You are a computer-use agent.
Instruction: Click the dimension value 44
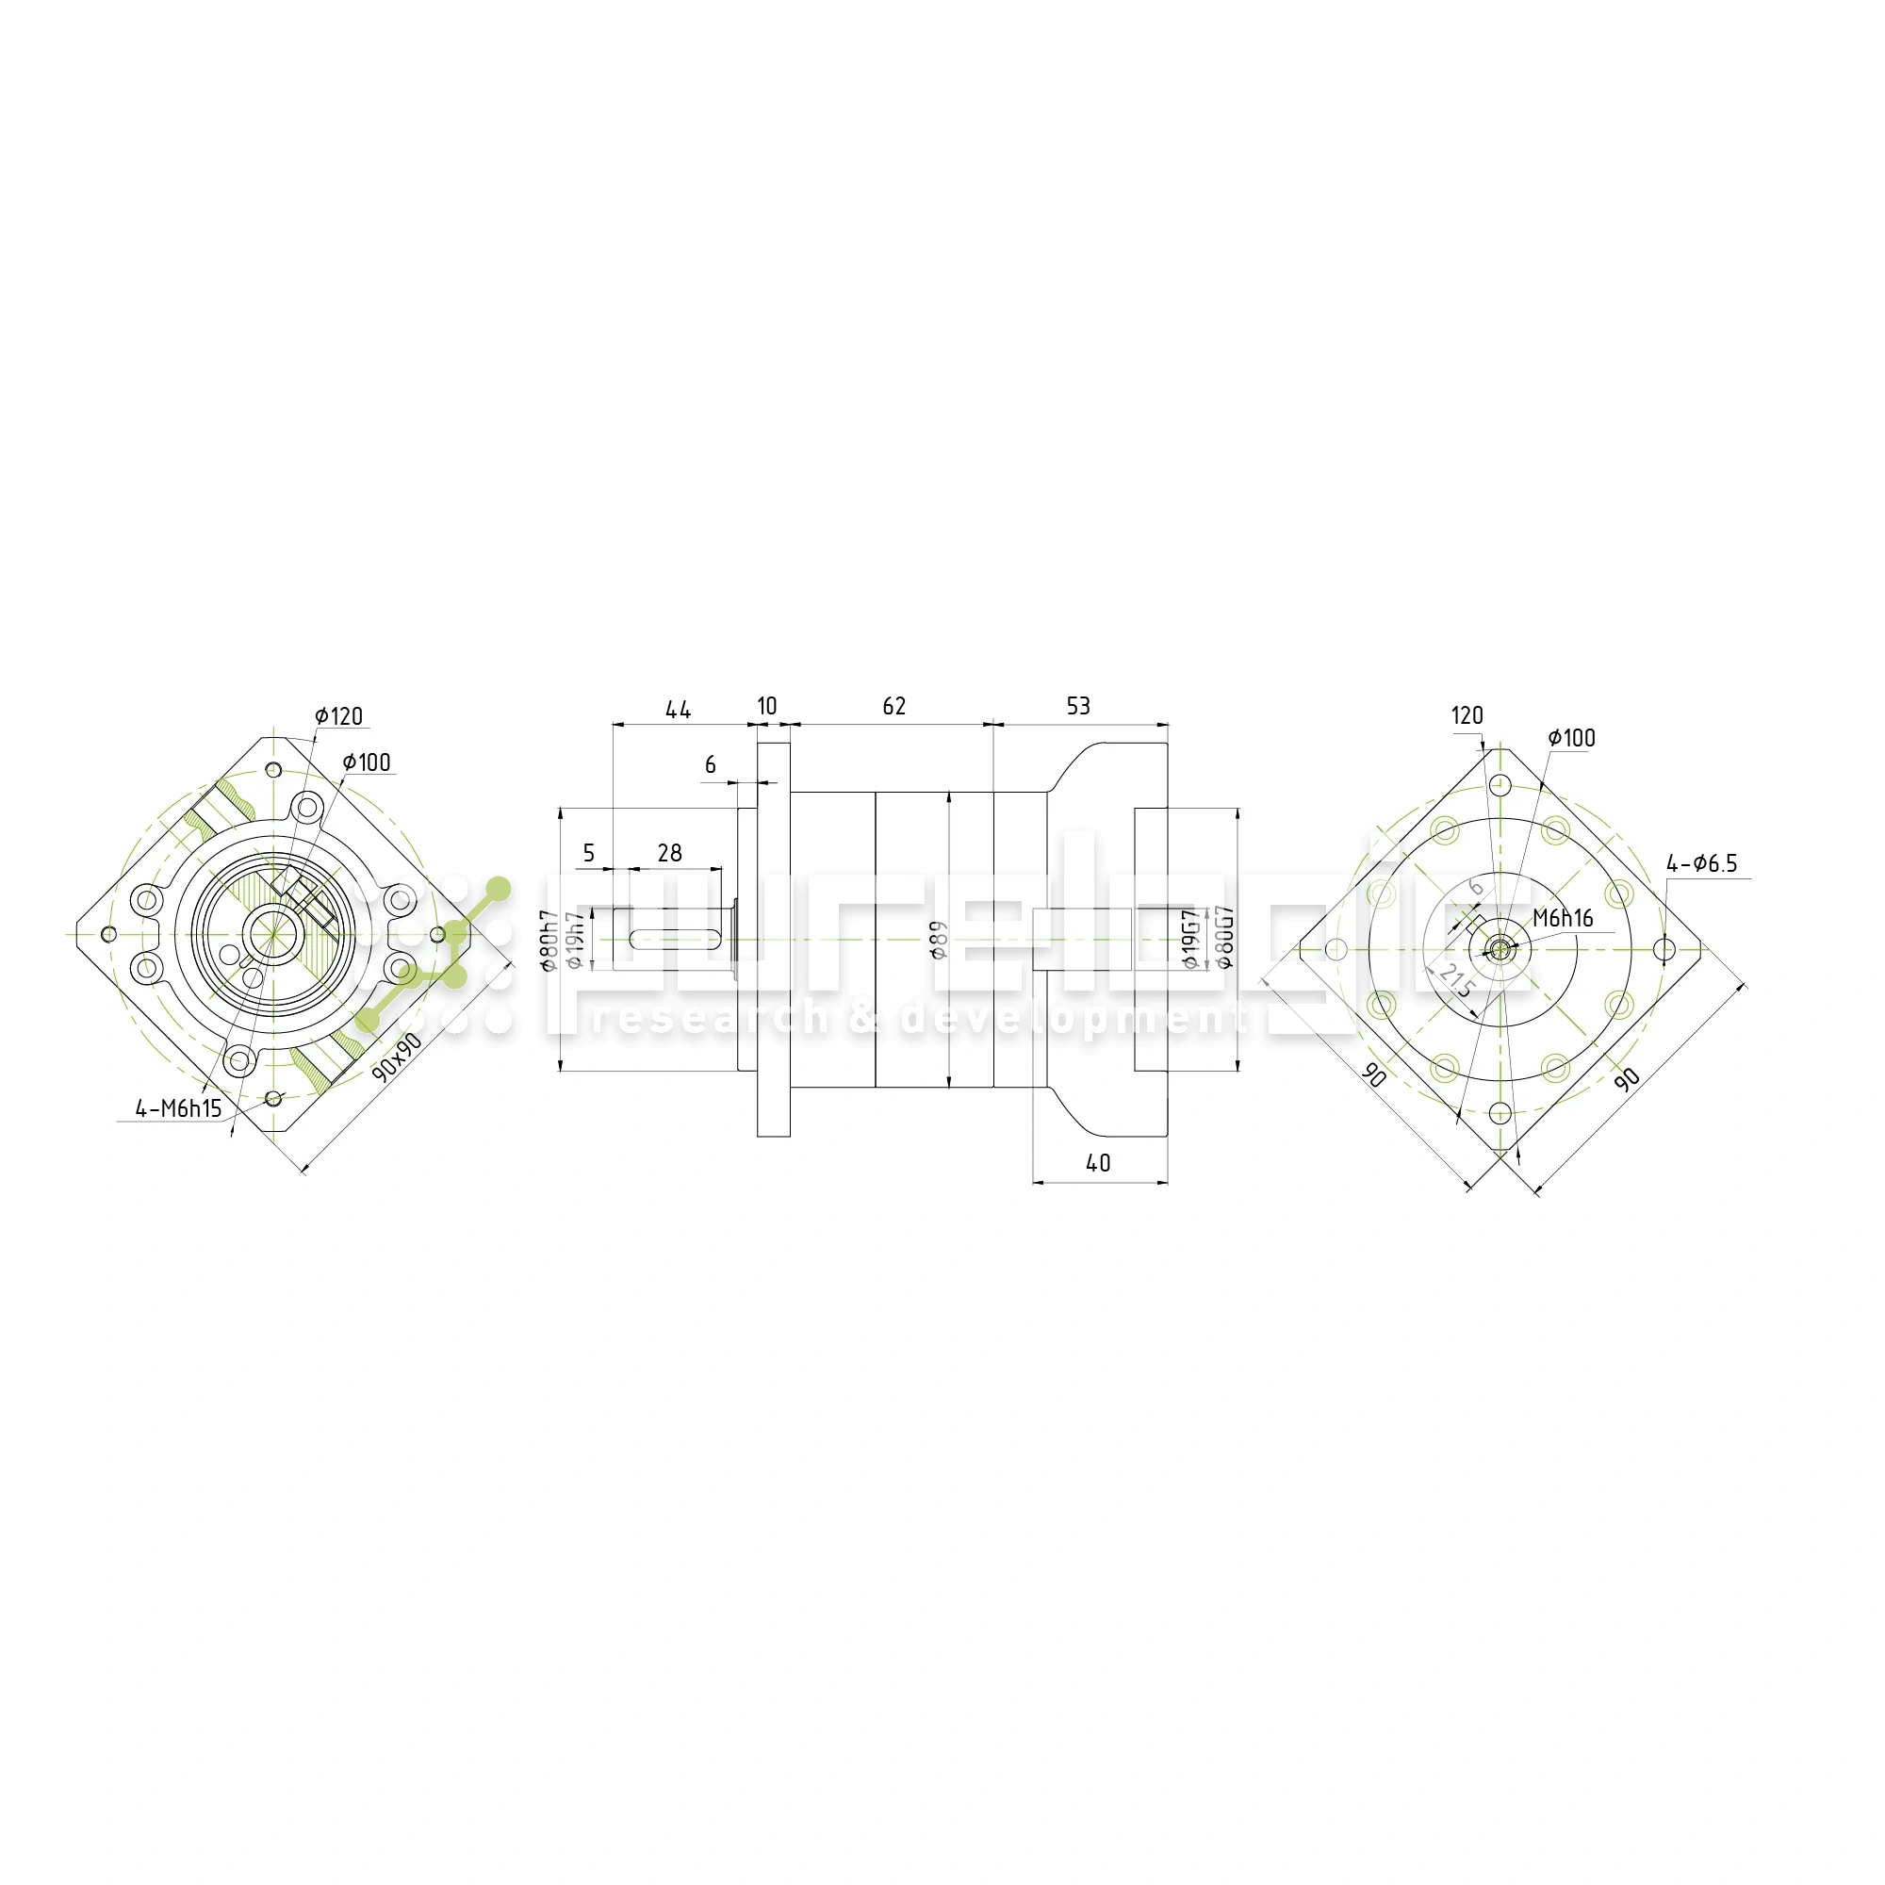678,710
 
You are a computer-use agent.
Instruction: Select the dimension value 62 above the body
893,706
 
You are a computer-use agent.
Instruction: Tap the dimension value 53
1078,706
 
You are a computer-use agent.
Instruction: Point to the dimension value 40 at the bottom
1099,1164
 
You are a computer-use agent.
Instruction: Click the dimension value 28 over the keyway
669,854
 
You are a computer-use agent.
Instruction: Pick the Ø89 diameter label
939,939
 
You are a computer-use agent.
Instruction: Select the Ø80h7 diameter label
549,940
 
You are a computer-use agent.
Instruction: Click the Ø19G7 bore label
1189,939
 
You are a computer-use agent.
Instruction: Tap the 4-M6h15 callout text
178,1108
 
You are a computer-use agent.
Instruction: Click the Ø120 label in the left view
338,716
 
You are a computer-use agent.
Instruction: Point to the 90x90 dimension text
397,1057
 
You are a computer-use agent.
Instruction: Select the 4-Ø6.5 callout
1701,863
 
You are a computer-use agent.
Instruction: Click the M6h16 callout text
1562,918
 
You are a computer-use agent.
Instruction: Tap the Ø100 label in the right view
1572,738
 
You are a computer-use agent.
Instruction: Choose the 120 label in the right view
1467,715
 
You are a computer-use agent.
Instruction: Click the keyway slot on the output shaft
677,940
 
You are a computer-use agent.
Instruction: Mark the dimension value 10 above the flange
767,706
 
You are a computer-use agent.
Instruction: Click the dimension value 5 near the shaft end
588,854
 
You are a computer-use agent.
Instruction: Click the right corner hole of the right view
1665,949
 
